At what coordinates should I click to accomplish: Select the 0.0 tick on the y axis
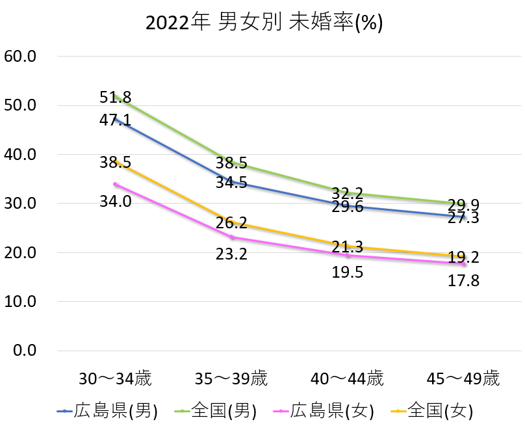pyautogui.click(x=23, y=351)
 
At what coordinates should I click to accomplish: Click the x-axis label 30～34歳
pyautogui.click(x=116, y=379)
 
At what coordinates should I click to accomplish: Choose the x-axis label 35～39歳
pyautogui.click(x=232, y=379)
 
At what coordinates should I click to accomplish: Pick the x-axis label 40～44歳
pyautogui.click(x=348, y=379)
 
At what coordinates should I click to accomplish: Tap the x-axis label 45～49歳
pyautogui.click(x=463, y=379)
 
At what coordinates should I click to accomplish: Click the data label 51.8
pyautogui.click(x=116, y=98)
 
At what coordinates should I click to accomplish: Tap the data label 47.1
pyautogui.click(x=116, y=120)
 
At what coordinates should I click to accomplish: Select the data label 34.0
pyautogui.click(x=116, y=202)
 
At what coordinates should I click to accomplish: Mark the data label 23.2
pyautogui.click(x=232, y=254)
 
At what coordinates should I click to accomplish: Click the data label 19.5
pyautogui.click(x=348, y=273)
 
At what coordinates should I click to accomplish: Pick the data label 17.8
pyautogui.click(x=463, y=281)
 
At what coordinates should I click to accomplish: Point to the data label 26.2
pyautogui.click(x=232, y=223)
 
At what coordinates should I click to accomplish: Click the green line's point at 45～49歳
pyautogui.click(x=463, y=204)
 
